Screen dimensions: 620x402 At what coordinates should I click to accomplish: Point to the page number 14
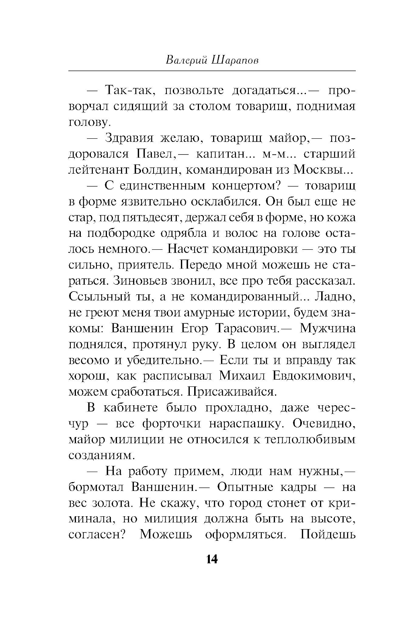212,559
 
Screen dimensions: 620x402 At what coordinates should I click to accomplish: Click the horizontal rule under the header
212,71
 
